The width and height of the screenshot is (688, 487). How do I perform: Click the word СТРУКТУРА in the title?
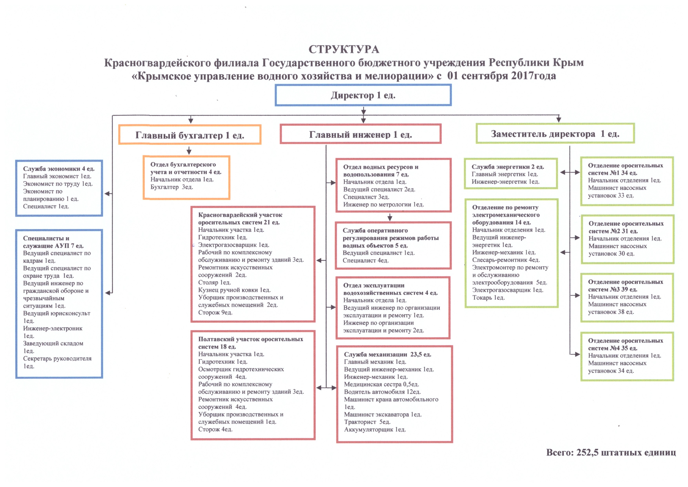coord(344,49)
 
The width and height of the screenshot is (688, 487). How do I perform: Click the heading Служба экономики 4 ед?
coord(59,169)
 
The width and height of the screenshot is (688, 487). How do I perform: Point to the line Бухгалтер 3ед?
coord(172,187)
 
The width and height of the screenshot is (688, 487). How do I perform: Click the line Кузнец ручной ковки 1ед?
coord(234,290)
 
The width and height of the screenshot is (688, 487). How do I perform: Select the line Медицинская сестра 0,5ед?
coord(381,385)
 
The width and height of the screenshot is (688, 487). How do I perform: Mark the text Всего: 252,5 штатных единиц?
coord(611,452)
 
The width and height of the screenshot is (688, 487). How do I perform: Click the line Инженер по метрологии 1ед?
coord(384,205)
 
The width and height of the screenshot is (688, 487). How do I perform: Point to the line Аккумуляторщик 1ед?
coord(375,430)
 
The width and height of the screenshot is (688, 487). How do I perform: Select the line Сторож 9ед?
coord(215,312)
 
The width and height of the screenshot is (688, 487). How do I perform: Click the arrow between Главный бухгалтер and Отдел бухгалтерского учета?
coord(189,150)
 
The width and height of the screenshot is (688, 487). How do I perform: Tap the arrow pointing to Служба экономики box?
coord(108,194)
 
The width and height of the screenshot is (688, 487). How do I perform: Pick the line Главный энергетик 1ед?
coord(505,174)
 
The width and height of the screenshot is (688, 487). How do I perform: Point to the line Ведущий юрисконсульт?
coord(57,313)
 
